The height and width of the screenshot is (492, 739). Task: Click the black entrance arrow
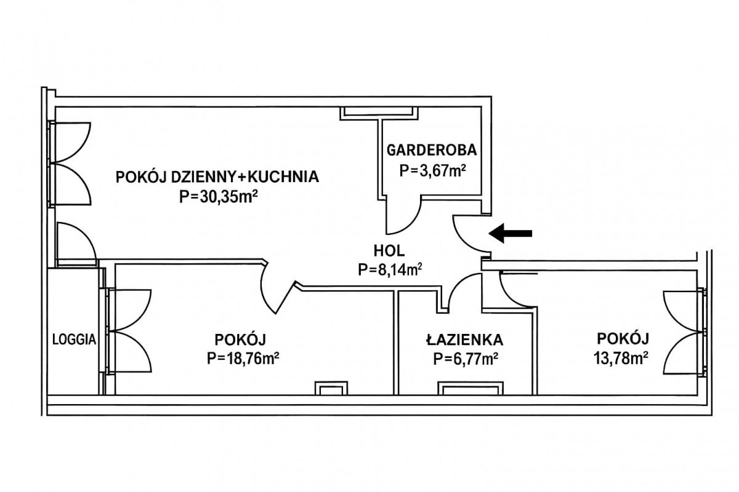(511, 233)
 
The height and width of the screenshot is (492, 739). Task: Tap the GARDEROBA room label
(431, 149)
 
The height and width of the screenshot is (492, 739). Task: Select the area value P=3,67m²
(431, 170)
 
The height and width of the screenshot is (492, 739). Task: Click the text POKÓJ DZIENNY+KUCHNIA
(217, 177)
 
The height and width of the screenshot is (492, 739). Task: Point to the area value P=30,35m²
(217, 197)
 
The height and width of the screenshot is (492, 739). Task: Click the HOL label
(389, 250)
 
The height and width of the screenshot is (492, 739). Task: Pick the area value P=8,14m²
(389, 269)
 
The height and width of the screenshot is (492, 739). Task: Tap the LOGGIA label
(74, 339)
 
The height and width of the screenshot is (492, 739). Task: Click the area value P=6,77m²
(465, 359)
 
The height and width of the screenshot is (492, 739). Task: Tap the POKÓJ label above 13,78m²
(623, 338)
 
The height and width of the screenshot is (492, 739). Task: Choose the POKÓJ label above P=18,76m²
(240, 339)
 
